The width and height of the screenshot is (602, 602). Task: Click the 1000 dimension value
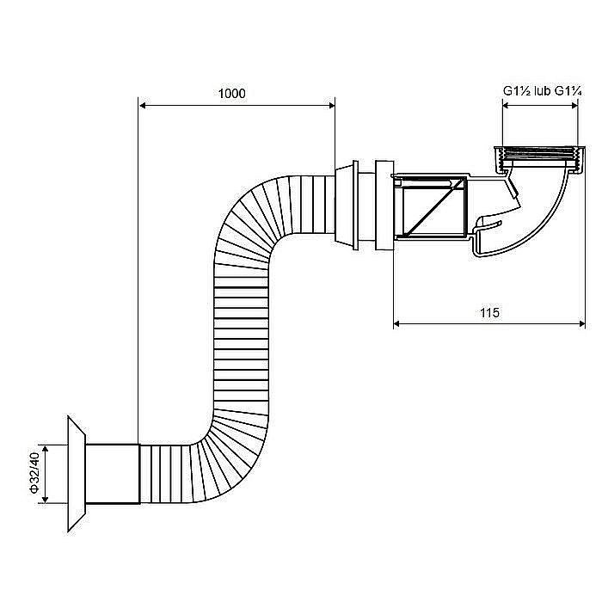coord(231,93)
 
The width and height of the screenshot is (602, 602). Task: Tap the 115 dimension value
coord(489,312)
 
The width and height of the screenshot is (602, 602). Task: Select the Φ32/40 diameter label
coord(34,473)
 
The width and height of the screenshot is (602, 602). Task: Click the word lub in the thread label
coord(543,91)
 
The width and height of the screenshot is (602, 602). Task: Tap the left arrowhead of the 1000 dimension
coord(143,105)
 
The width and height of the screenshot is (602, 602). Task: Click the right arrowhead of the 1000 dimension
coord(331,105)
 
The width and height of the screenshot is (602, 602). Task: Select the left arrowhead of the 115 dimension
coord(397,324)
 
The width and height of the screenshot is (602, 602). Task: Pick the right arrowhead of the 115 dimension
coord(580,324)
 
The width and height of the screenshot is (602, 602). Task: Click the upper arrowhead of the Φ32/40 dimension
coord(46,450)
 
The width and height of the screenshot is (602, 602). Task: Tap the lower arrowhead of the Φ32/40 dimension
coord(46,498)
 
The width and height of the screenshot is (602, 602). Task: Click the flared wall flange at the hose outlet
coord(77,473)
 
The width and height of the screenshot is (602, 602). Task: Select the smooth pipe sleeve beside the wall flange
coord(113,473)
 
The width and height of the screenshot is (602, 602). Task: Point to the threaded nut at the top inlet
coord(539,159)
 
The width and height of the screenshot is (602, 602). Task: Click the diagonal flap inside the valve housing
coord(433,208)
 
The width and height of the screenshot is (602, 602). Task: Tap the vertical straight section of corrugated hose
coord(241,338)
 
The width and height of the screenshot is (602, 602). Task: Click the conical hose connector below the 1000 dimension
coord(347,205)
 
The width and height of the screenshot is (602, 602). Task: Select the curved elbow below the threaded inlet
coord(537,215)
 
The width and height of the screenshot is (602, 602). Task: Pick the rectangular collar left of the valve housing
coord(384,206)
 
